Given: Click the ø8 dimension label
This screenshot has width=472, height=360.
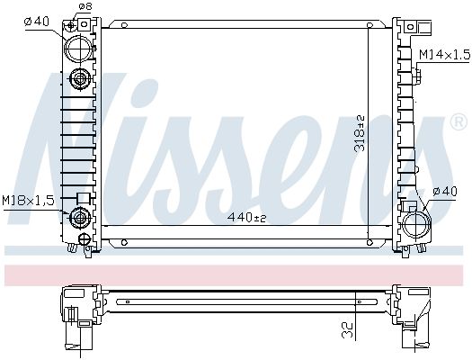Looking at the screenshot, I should pyautogui.click(x=85, y=6).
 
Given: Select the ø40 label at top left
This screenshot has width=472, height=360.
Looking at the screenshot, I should pyautogui.click(x=35, y=21).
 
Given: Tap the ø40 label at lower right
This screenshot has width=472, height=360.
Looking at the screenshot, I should pyautogui.click(x=446, y=190).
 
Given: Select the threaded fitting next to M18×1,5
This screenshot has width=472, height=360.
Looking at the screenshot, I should pyautogui.click(x=82, y=216).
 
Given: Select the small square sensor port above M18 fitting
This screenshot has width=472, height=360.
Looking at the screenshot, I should pyautogui.click(x=83, y=198).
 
